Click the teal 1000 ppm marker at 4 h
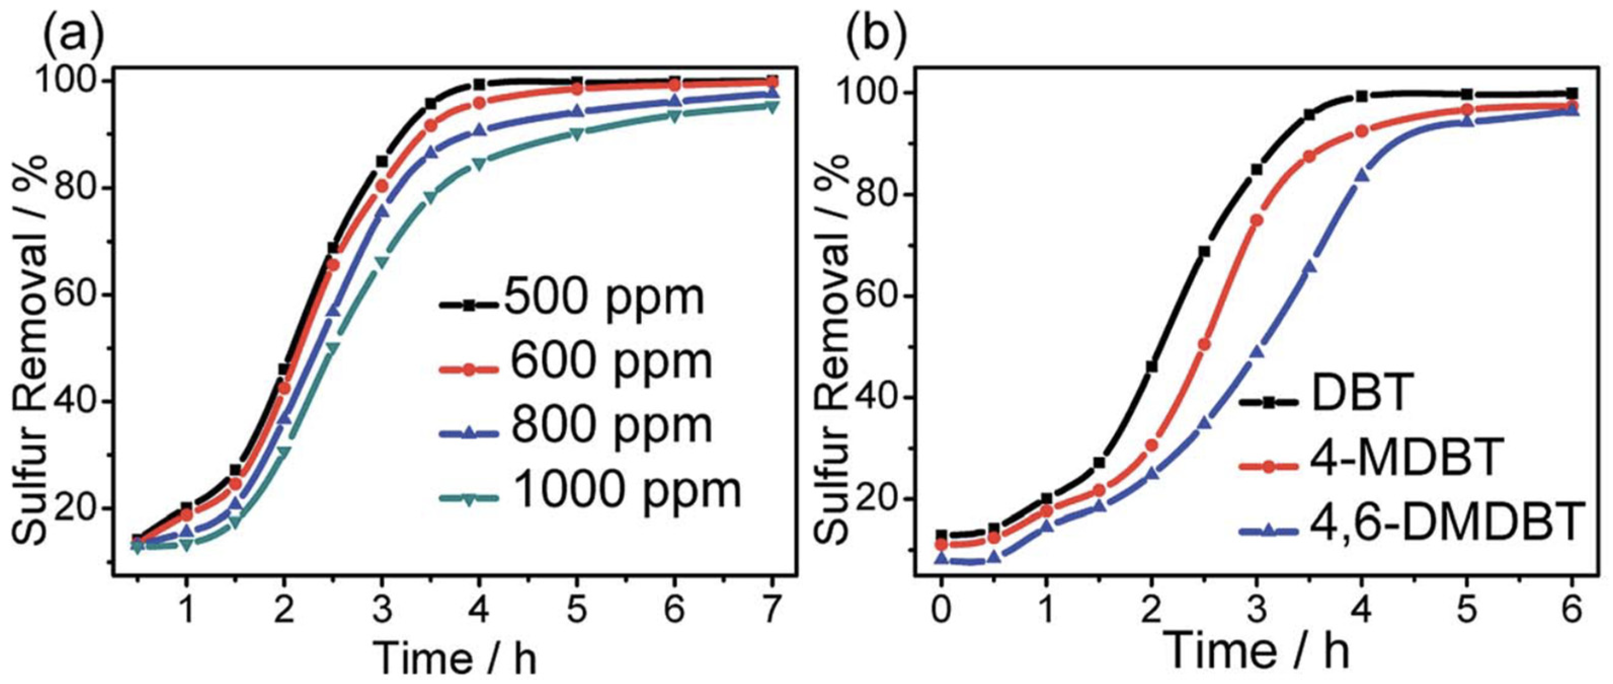(479, 165)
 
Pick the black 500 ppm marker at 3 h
(382, 162)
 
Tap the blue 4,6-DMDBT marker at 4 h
(1361, 175)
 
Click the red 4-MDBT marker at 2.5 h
(1203, 345)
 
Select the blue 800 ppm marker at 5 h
(577, 111)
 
